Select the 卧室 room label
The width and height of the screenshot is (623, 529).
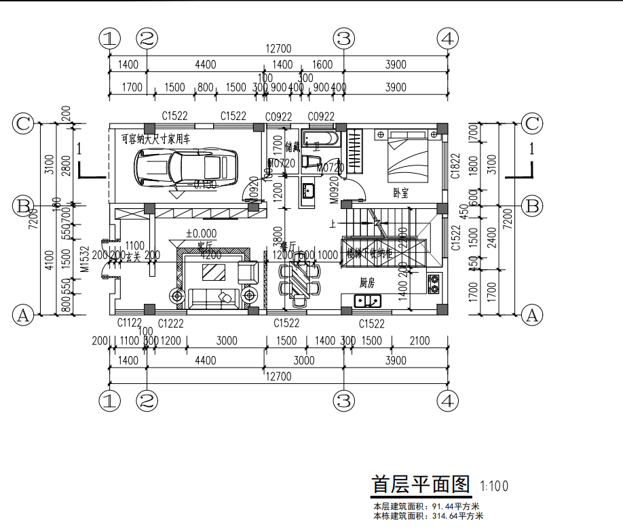point(400,192)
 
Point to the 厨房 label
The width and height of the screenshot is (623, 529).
point(367,282)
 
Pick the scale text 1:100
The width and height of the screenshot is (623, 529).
point(493,486)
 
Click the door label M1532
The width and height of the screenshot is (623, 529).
point(84,258)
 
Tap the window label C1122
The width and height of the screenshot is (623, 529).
point(129,324)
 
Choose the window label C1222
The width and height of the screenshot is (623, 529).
point(171,324)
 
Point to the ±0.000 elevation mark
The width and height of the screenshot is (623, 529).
point(201,234)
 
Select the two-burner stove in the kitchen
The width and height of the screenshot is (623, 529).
point(432,283)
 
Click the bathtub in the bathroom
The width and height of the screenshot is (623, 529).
point(319,140)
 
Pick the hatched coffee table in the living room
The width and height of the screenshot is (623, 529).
point(217,273)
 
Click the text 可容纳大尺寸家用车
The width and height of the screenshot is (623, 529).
point(155,139)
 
